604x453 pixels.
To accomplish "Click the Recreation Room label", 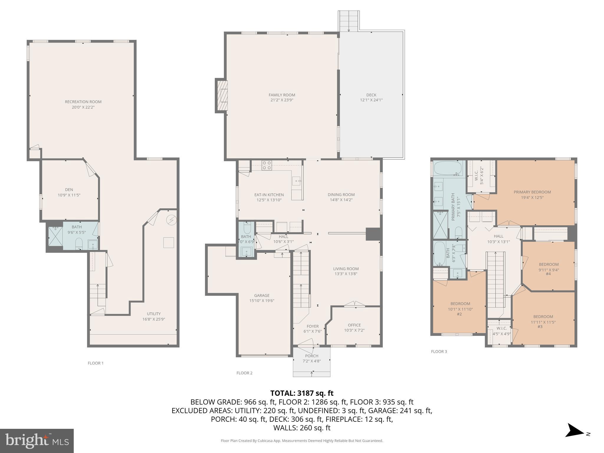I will tap(83, 102).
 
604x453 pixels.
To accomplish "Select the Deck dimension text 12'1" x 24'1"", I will tap(371, 100).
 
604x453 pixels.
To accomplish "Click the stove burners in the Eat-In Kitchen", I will tap(267, 165).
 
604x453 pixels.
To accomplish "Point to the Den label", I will tap(69, 190).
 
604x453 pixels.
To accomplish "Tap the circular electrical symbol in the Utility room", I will tap(171, 220).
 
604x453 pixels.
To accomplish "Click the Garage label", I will tap(262, 296).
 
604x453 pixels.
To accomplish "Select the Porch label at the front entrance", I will tap(311, 356).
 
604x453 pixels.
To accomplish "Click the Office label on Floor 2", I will tap(354, 325).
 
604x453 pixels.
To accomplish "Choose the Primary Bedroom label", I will tap(532, 192).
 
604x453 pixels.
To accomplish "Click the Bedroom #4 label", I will tap(549, 265).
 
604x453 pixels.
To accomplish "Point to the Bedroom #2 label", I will tap(460, 304).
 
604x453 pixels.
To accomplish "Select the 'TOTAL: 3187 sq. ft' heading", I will tap(302, 393).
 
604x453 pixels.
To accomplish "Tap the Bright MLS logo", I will tap(37, 441).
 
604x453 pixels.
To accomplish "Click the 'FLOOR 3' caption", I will tap(439, 352).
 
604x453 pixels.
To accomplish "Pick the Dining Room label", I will tap(341, 195).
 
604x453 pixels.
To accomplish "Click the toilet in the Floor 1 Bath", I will tap(79, 244).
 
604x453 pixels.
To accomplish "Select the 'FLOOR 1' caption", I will tap(96, 363).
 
